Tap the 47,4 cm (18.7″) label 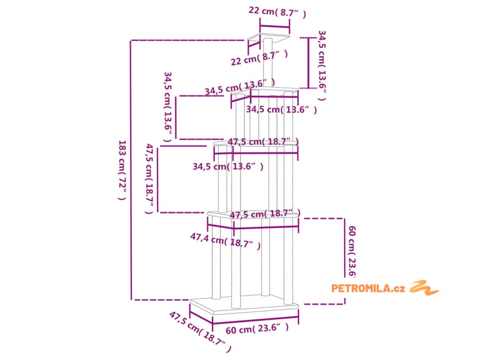[x=225, y=241]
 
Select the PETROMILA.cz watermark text [x=368, y=288]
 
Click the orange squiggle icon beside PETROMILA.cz [x=424, y=287]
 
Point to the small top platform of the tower [x=269, y=37]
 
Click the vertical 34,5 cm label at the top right [x=322, y=65]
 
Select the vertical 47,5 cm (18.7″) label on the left [x=150, y=179]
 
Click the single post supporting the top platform [x=268, y=63]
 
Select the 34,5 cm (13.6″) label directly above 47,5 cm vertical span [x=228, y=166]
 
